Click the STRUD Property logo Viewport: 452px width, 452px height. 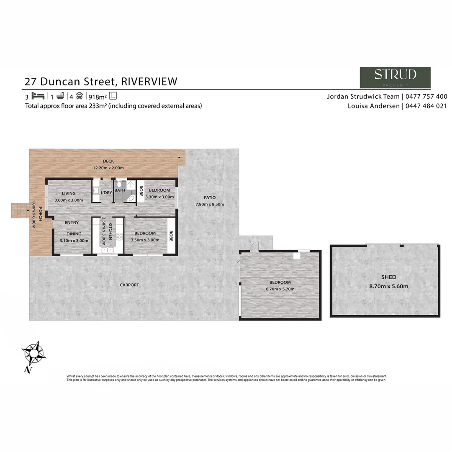tap(395, 77)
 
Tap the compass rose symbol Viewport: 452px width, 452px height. tap(33, 354)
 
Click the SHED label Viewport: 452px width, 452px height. tap(388, 277)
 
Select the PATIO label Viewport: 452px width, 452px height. tap(210, 198)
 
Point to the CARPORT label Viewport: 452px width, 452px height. tap(129, 285)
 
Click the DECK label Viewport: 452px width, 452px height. tap(108, 161)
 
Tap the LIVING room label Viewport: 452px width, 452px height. tap(69, 193)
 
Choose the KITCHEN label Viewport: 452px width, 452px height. tap(111, 231)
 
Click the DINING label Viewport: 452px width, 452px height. tap(73, 234)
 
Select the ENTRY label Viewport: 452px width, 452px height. tap(72, 223)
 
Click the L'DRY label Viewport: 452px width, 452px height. tap(106, 193)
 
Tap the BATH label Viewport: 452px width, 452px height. tap(120, 190)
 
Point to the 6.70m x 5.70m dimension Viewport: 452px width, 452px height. tap(280, 289)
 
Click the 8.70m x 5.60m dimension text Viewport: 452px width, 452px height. tap(388, 287)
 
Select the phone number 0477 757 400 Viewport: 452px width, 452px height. tap(426, 96)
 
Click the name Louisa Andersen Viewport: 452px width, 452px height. tap(373, 106)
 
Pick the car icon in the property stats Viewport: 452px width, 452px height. tap(80, 96)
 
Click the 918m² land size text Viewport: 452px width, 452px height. tap(98, 96)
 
